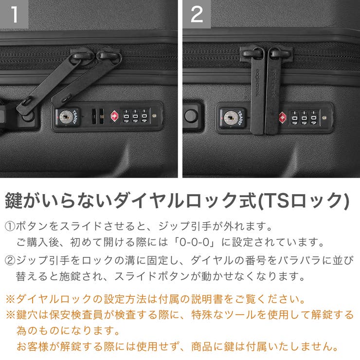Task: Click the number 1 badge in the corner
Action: [14, 14]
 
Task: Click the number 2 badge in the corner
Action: [197, 14]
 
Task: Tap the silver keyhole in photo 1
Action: [65, 116]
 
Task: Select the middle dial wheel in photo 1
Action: [134, 117]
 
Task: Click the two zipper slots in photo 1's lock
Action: [97, 116]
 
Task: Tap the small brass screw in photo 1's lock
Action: [155, 116]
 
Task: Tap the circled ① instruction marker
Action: [10, 226]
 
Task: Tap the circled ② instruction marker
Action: [10, 260]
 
